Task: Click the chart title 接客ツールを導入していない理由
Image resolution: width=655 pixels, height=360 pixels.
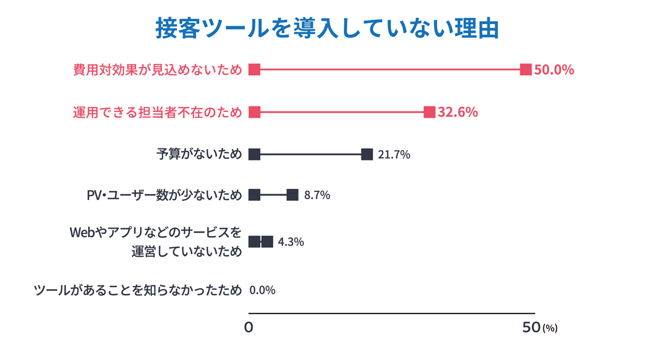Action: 327,29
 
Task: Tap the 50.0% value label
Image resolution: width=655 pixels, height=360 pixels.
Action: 554,70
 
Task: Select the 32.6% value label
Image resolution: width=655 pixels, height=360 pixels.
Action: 457,112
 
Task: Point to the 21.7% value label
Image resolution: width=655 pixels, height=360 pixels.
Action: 394,155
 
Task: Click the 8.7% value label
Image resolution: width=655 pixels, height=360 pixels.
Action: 317,195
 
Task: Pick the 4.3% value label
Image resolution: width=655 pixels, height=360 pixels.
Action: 291,242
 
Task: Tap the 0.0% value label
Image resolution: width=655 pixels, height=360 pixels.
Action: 262,290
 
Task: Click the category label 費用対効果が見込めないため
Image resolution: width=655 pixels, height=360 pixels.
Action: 157,70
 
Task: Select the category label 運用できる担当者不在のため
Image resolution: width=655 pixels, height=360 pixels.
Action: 157,112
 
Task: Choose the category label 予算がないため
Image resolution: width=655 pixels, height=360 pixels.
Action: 199,154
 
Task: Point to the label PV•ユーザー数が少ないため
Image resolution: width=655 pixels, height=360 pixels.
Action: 164,195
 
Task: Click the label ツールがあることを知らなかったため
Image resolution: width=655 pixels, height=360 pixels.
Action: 138,290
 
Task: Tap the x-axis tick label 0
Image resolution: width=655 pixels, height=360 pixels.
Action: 249,328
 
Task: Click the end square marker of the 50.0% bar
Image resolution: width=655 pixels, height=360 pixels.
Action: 526,70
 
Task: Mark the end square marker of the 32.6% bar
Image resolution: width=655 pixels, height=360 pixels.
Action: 429,112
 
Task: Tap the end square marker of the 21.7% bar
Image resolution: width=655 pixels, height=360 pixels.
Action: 367,154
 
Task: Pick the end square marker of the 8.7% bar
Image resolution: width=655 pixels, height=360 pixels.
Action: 292,195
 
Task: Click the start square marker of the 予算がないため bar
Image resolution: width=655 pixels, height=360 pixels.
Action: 254,154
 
